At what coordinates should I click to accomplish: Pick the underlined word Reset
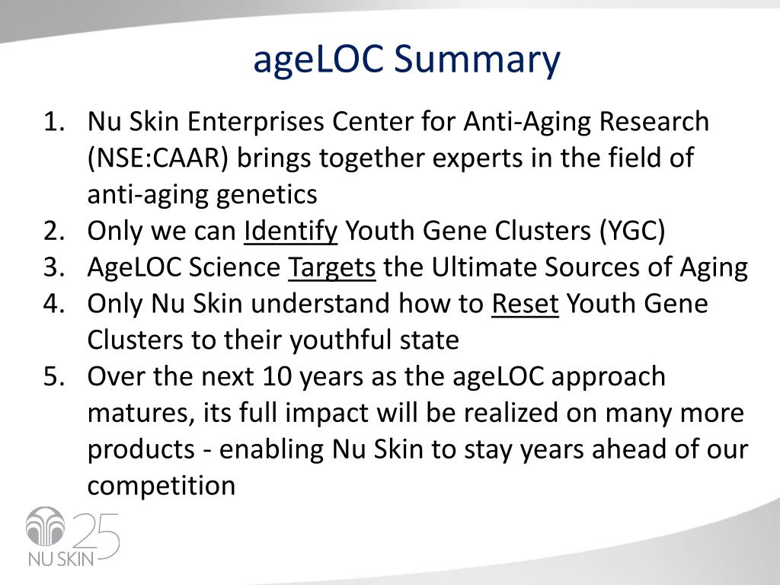526,304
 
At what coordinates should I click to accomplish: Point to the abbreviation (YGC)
631,232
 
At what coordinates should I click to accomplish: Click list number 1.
54,122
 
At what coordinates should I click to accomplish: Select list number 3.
54,267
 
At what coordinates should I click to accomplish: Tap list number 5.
54,376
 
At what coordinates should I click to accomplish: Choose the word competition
161,485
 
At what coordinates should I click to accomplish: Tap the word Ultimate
484,267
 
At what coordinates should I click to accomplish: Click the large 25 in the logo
97,536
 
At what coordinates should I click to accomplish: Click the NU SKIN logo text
61,558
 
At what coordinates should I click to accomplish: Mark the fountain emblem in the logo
45,526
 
